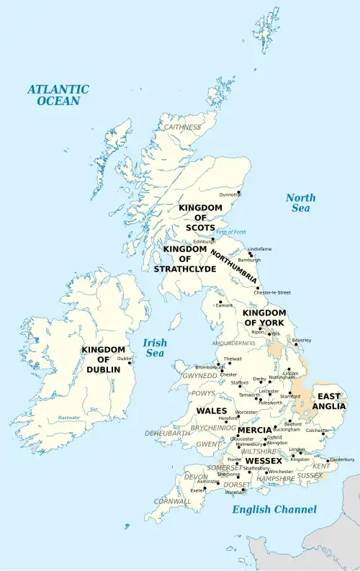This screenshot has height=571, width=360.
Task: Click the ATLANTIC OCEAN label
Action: pyautogui.click(x=58, y=95)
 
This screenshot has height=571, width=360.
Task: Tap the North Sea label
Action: pyautogui.click(x=300, y=203)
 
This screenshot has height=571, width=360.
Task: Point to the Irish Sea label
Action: pyautogui.click(x=154, y=348)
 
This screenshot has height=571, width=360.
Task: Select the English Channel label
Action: pyautogui.click(x=274, y=510)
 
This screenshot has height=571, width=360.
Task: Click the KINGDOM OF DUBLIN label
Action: pyautogui.click(x=104, y=359)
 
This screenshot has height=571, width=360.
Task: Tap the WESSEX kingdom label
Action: pyautogui.click(x=263, y=460)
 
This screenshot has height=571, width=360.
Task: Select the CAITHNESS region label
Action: pyautogui.click(x=183, y=127)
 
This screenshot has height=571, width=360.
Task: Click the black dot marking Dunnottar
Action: pyautogui.click(x=238, y=192)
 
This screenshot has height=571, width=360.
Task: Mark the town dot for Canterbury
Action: pyautogui.click(x=328, y=461)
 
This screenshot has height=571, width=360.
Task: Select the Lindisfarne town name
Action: pyautogui.click(x=260, y=249)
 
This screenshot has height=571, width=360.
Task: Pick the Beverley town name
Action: pyautogui.click(x=301, y=340)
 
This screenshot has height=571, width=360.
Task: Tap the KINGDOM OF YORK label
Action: pyautogui.click(x=264, y=318)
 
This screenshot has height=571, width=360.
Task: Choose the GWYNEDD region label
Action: pyautogui.click(x=199, y=376)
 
